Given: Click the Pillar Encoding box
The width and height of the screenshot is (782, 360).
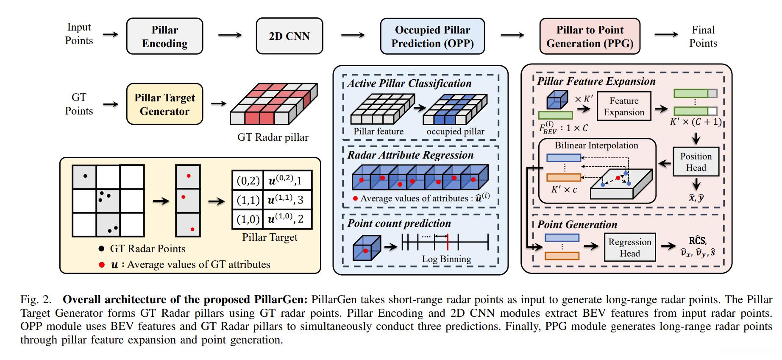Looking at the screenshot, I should (164, 36).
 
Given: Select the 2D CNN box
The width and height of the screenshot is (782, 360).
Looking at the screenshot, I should (289, 36).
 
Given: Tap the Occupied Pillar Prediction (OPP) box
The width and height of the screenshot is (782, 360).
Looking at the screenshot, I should (432, 36).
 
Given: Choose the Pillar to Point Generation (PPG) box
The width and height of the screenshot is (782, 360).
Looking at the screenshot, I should (590, 36).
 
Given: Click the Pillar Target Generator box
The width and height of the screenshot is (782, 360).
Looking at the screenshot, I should (164, 104).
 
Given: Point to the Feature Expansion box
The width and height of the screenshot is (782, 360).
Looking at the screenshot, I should (624, 106).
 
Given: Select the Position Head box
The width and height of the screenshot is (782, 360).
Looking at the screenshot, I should (696, 162).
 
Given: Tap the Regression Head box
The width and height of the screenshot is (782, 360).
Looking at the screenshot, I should (629, 247).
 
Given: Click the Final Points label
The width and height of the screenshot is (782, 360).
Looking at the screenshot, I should (703, 36).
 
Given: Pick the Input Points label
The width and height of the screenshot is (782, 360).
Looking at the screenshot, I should (79, 34).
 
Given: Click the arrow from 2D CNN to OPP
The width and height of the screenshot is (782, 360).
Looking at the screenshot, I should (353, 35).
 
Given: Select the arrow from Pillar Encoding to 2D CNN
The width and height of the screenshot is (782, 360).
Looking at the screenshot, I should (230, 35).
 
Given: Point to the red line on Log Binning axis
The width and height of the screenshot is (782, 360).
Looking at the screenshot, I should (448, 242).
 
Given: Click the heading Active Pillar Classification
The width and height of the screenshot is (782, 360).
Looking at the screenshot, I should (409, 84).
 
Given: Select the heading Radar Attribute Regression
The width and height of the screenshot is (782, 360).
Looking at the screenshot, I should (410, 155).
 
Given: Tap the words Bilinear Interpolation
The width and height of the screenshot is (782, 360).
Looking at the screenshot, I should (596, 145).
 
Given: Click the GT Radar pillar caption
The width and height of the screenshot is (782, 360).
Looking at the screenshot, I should (273, 137).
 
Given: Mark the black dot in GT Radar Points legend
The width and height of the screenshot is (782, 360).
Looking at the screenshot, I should (101, 249).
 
